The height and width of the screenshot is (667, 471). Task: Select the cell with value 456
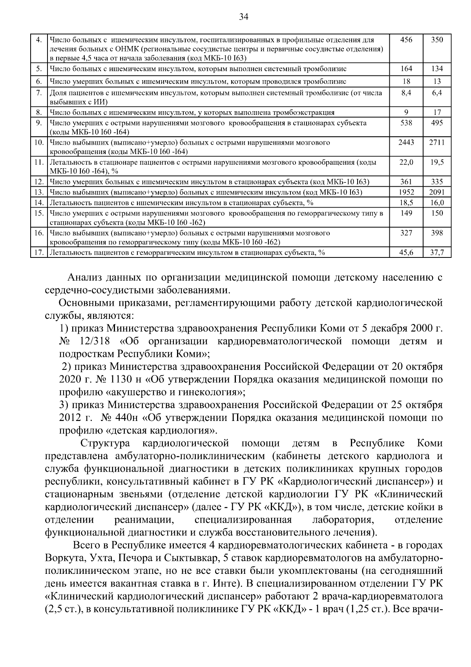[406, 40]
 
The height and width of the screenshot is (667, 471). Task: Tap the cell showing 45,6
[406, 253]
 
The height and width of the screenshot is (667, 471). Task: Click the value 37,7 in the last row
[436, 253]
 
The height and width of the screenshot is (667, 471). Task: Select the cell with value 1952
[406, 192]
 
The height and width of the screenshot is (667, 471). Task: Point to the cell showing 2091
[436, 192]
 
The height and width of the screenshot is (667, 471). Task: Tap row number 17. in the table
[39, 253]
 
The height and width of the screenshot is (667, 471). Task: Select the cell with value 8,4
[406, 93]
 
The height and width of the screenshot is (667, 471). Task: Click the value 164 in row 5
[406, 69]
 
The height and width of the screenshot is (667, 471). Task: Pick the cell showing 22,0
[406, 162]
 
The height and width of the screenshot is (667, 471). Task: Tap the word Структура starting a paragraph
[105, 443]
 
